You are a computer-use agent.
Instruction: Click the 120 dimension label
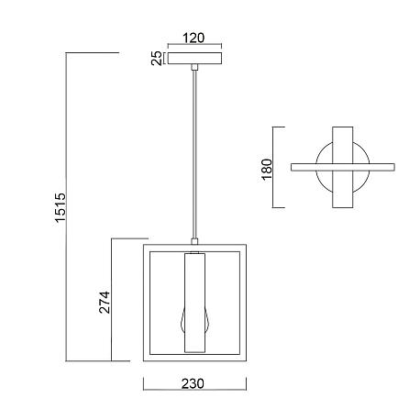point(193,38)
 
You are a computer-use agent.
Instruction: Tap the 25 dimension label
point(157,58)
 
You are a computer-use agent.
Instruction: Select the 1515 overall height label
point(61,207)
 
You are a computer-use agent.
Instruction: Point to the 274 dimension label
point(105,302)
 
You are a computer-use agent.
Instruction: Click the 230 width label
point(193,383)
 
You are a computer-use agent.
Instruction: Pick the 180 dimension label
point(267,170)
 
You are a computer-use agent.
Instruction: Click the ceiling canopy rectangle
point(194,59)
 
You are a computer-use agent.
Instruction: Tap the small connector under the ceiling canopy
point(194,67)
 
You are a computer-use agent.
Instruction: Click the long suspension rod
point(194,154)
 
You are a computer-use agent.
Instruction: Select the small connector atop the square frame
point(194,241)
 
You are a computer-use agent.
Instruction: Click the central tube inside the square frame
point(194,303)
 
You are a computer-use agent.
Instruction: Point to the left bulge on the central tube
point(182,320)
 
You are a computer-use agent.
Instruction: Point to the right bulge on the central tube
point(207,320)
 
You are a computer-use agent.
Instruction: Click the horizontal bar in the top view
point(343,167)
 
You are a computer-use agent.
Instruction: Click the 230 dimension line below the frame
point(194,390)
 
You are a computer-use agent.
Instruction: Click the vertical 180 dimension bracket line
point(273,167)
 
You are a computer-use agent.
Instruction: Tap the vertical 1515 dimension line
point(66,207)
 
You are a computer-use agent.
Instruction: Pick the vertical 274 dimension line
point(112,300)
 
